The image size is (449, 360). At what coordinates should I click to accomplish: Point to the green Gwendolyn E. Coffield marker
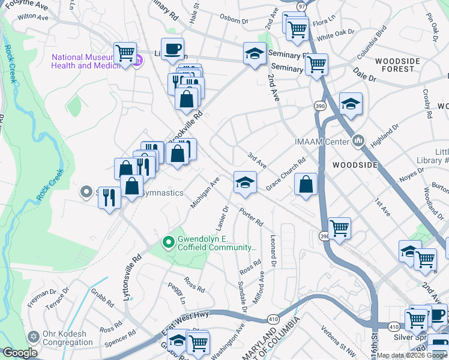[x=169, y=242]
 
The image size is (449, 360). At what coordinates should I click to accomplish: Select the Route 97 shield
[x=301, y=5]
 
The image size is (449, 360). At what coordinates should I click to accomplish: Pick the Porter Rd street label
[x=250, y=217]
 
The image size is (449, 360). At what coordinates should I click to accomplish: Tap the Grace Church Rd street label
[x=286, y=175]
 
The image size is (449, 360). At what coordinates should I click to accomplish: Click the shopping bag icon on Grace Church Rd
[x=306, y=185]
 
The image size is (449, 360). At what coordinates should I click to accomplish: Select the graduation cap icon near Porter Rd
[x=245, y=183]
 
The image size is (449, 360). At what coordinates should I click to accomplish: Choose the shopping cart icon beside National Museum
[x=125, y=53]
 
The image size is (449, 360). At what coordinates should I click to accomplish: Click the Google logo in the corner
[x=20, y=353]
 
